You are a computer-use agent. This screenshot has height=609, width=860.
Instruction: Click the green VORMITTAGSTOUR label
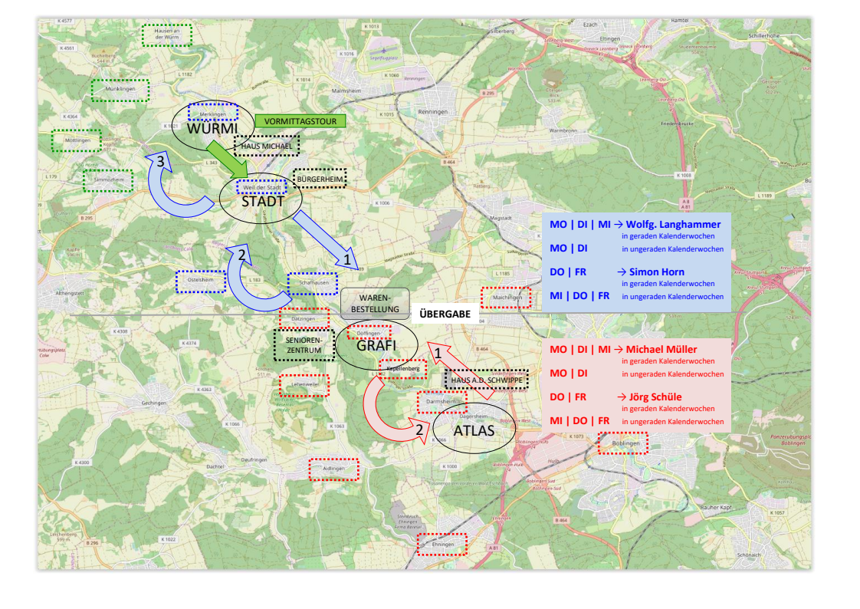click(300, 121)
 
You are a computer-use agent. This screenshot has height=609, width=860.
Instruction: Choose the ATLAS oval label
click(473, 430)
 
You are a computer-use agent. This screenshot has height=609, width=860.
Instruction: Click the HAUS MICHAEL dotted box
click(266, 146)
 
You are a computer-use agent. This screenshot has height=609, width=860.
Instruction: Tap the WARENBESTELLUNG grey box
click(375, 304)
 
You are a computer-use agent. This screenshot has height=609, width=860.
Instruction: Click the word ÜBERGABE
click(445, 314)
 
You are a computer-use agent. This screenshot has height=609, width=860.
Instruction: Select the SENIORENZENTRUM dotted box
click(304, 345)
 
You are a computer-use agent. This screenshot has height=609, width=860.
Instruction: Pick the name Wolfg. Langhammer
click(674, 225)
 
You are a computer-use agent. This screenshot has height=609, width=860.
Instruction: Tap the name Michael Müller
click(661, 350)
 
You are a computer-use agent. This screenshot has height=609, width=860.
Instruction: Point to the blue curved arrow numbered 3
click(172, 188)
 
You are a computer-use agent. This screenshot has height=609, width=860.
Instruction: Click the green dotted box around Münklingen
click(120, 90)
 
